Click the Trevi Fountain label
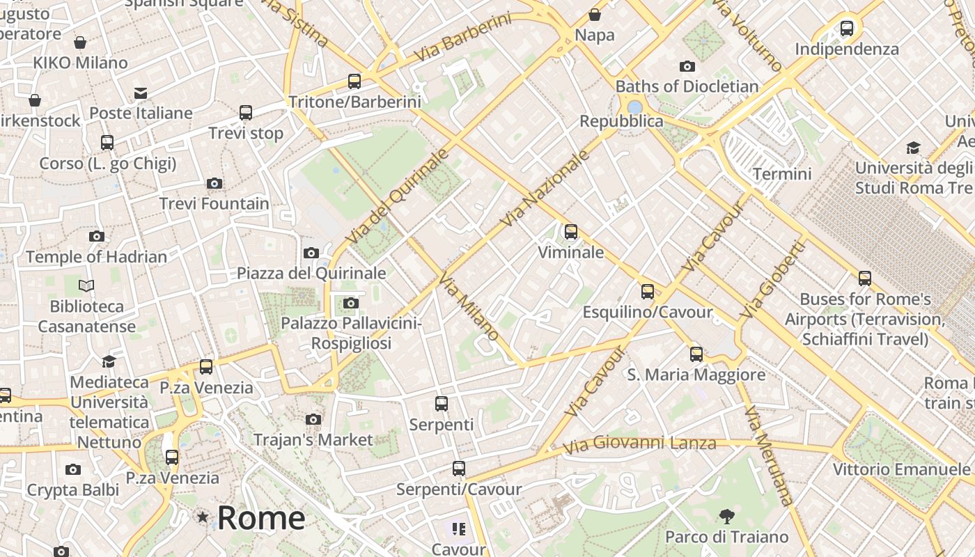(214, 204)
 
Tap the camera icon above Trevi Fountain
(214, 184)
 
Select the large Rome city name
(261, 518)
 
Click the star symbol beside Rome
(203, 517)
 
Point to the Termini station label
(782, 173)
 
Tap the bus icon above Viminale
(571, 232)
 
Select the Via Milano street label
(469, 306)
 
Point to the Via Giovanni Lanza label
(639, 444)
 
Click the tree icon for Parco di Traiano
(726, 517)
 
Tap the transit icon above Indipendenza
(847, 29)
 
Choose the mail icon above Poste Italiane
(141, 93)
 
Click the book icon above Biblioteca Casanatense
(86, 285)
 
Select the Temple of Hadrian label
(97, 257)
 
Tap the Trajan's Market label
(313, 440)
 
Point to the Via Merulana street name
(769, 456)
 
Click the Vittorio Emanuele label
(901, 469)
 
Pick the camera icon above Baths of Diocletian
(687, 67)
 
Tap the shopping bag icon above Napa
(595, 15)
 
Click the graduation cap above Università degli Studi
(913, 148)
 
